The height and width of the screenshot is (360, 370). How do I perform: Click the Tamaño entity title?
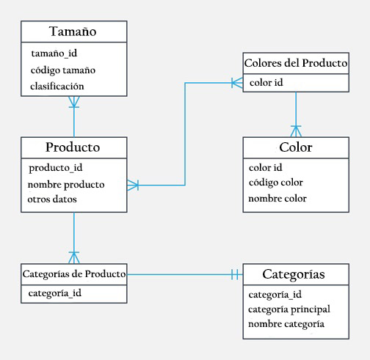(x=73, y=32)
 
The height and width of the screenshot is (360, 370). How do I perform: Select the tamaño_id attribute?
(x=54, y=54)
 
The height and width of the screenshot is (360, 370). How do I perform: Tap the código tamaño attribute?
(x=63, y=70)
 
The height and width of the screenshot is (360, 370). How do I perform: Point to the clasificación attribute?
(x=57, y=86)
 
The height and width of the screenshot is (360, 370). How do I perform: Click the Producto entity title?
(x=73, y=147)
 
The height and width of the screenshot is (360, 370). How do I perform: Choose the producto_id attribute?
(x=55, y=168)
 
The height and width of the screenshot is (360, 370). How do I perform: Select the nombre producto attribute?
(x=66, y=184)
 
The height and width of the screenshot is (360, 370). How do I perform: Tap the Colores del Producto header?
(x=296, y=63)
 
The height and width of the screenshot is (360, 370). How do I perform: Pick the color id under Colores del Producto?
(x=266, y=82)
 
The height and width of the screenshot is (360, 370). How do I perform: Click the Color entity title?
(x=296, y=147)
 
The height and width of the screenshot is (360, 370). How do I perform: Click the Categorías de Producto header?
(x=73, y=274)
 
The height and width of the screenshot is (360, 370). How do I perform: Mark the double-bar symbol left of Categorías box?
(x=233, y=275)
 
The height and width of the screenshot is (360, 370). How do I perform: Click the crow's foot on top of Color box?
(x=296, y=131)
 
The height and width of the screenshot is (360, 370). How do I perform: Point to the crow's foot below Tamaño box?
(x=73, y=104)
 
